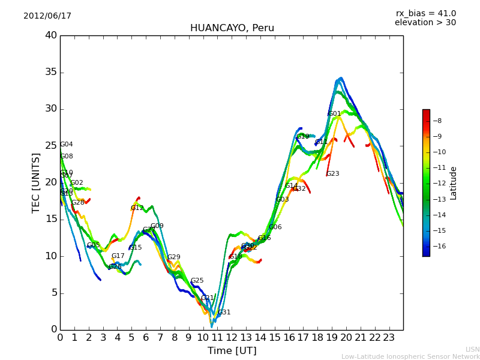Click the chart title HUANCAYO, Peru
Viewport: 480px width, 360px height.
(x=232, y=28)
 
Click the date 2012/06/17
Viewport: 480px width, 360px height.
(x=47, y=16)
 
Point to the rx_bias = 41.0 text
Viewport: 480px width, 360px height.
(x=425, y=14)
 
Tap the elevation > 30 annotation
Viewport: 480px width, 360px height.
(x=425, y=23)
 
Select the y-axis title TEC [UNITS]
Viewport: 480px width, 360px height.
(x=36, y=182)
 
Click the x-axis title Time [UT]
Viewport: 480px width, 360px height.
(x=232, y=351)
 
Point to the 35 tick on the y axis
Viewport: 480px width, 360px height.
(x=50, y=73)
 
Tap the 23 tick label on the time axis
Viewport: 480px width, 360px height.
(x=389, y=337)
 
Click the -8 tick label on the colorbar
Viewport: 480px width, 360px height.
(x=437, y=121)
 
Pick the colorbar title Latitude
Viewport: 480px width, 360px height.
(x=454, y=183)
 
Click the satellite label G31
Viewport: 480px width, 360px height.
(x=224, y=313)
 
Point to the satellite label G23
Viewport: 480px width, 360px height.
(x=332, y=174)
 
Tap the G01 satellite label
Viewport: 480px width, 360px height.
(x=334, y=114)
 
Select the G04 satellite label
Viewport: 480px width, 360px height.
(x=66, y=145)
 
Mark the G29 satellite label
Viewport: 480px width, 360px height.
(x=173, y=257)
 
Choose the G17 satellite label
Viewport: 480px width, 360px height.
(x=118, y=256)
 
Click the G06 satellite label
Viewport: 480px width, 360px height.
(x=275, y=227)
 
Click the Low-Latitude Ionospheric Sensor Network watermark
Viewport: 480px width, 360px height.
(x=410, y=356)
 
